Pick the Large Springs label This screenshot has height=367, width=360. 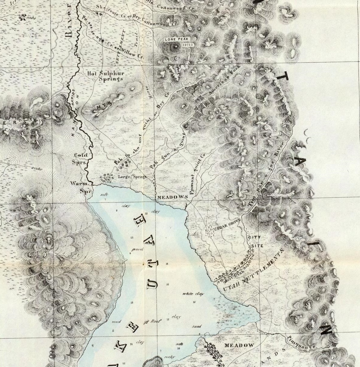(x=132, y=177)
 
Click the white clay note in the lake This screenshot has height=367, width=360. (x=193, y=294)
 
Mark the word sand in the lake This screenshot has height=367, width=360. (x=196, y=326)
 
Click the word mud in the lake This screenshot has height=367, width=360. (x=116, y=322)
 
